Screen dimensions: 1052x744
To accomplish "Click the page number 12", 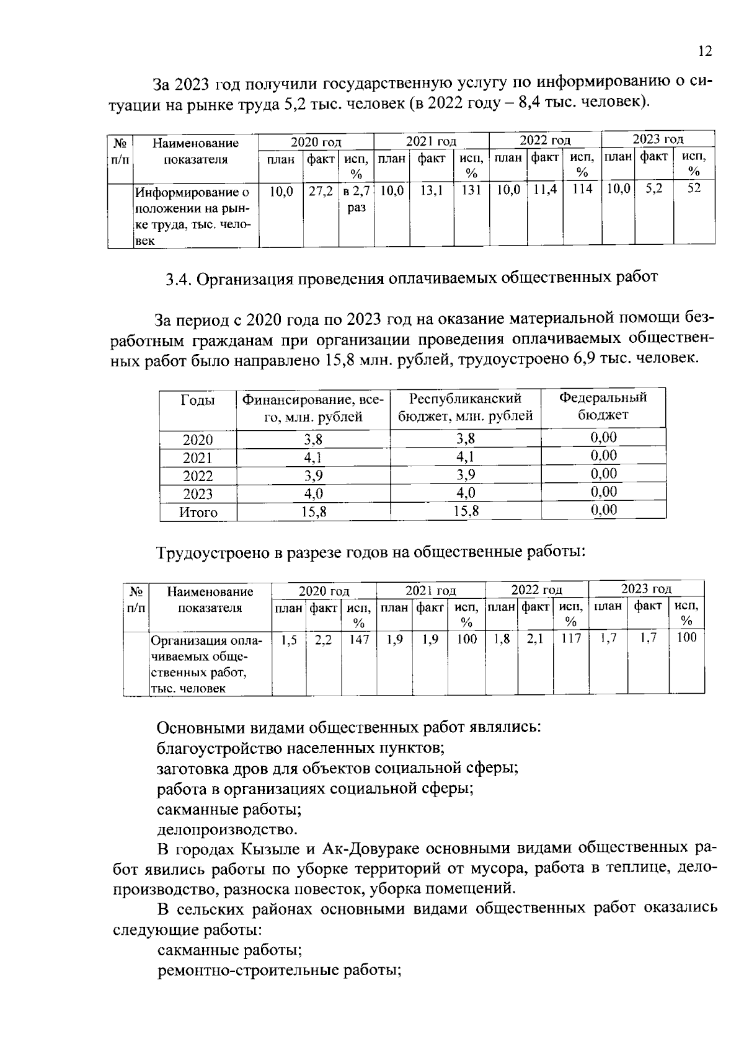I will coord(705,51).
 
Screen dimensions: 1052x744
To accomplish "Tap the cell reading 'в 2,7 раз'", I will coord(356,200).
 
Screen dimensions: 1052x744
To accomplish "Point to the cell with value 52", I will coord(694,188).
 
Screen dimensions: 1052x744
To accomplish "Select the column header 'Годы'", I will coord(197,400).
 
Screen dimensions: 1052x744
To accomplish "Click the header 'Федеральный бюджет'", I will coord(603,406).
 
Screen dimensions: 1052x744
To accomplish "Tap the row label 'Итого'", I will coord(198,513).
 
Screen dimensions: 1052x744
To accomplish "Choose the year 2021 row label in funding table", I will coord(197,458).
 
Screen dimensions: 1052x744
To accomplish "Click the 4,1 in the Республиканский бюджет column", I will coord(465,457).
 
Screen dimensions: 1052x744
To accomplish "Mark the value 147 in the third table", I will coord(358,639).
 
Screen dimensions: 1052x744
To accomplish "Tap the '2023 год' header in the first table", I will coord(657,139).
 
